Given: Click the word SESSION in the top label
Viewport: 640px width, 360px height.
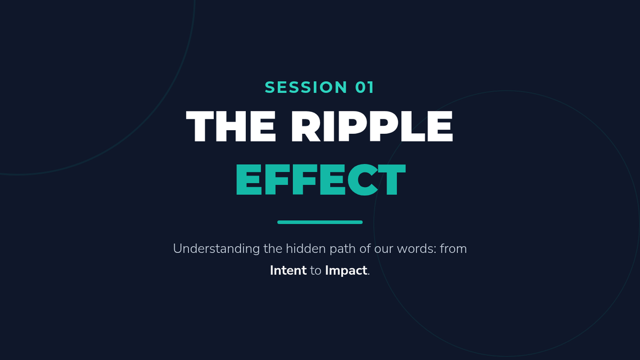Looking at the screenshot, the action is pos(306,87).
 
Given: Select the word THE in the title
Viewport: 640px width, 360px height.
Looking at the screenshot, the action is pos(231,126).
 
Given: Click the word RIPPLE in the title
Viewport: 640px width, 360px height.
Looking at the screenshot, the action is pos(372,126).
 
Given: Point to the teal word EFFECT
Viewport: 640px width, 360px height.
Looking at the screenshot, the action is pos(321,179).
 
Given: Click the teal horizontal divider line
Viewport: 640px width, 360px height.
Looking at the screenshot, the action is pos(320,222).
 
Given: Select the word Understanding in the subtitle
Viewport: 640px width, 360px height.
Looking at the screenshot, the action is pos(217,249).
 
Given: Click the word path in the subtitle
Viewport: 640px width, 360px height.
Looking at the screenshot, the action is pos(342,249).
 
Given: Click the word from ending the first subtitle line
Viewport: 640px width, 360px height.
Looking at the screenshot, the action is pos(453,249).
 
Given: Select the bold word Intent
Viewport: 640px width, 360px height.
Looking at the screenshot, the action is pos(289,270).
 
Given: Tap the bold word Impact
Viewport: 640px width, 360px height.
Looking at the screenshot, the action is pos(346,271).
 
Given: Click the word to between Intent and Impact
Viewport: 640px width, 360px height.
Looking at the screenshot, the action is pos(316,271).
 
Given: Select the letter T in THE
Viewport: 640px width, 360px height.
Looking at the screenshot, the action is pos(199,126).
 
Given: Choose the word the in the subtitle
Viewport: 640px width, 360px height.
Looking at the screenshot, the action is pos(273,249).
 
